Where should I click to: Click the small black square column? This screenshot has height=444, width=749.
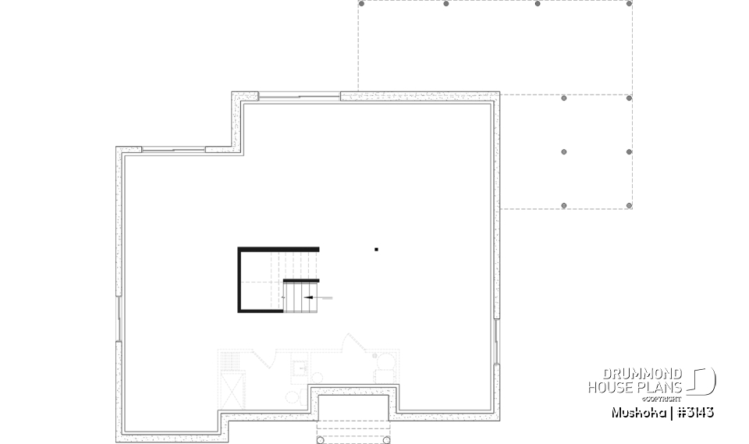(x=376, y=250)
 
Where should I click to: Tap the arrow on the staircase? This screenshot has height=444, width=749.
(x=310, y=297)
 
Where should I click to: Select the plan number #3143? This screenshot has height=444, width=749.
(x=694, y=412)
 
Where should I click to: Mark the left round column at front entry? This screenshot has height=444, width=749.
(x=321, y=440)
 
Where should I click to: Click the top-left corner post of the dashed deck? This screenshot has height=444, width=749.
(x=361, y=4)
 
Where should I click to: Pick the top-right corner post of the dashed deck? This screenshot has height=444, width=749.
(x=629, y=4)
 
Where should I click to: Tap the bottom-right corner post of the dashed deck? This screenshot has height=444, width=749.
(x=629, y=206)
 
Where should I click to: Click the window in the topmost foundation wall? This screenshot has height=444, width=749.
(x=299, y=97)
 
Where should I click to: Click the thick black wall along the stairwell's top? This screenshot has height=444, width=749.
(x=279, y=249)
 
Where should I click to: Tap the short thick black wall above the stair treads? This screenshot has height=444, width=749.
(x=301, y=280)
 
